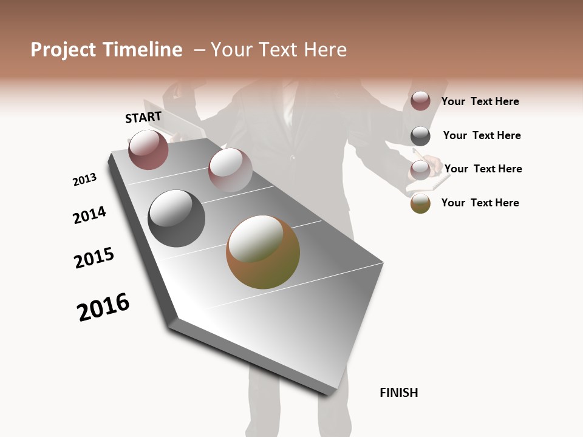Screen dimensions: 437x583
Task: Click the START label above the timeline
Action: point(143,117)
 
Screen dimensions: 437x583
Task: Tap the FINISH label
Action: point(398,393)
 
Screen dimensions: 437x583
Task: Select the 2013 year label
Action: point(84,180)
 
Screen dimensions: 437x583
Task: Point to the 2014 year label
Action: point(89,215)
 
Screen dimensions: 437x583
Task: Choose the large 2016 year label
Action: point(103,307)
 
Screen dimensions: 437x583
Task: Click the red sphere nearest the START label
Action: point(148,150)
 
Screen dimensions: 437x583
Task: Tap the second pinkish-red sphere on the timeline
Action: point(230,170)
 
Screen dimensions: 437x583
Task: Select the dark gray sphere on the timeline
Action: point(177,218)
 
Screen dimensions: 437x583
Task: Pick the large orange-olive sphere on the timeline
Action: point(263,252)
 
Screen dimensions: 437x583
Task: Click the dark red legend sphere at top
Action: point(420,101)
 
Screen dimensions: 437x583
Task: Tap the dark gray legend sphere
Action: point(420,135)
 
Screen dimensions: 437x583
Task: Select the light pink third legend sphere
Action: point(420,169)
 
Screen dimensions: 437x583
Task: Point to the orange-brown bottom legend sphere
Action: point(420,203)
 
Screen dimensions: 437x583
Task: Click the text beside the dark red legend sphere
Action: point(480,101)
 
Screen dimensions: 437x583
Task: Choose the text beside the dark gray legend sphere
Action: point(482,135)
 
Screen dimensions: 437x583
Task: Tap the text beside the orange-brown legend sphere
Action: point(480,203)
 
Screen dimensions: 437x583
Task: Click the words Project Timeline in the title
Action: point(106,50)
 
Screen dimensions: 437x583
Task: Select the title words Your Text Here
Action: point(278,50)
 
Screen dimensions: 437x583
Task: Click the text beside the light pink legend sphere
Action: point(483,169)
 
